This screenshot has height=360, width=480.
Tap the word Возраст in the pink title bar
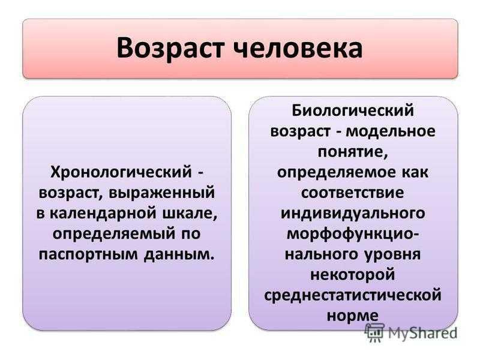point(170,49)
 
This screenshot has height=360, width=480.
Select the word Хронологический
point(121,172)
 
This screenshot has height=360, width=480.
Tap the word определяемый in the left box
point(114,235)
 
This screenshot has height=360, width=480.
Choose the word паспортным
point(88,254)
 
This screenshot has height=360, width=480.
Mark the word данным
point(179,254)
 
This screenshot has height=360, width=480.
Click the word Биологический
point(353,110)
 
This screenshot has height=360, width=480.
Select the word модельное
point(391,131)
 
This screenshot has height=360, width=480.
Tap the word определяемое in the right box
point(337,173)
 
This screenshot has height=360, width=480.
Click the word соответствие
point(353,193)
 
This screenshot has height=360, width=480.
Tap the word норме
point(353,316)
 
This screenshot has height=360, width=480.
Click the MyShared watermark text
point(422,333)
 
